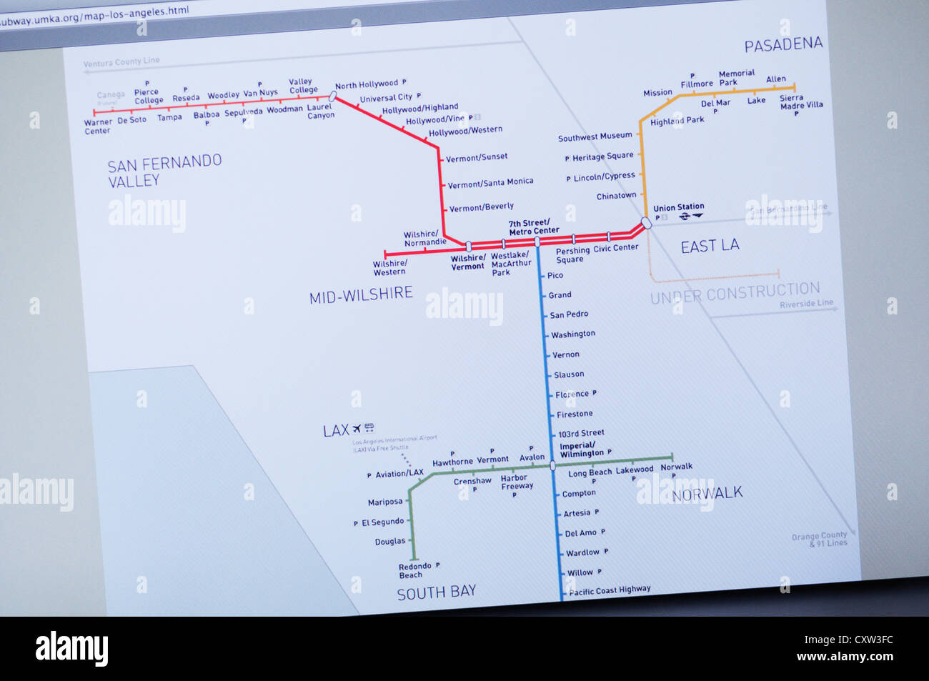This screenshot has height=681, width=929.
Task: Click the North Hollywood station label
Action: [366, 84]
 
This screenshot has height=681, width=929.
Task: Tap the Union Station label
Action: [678, 207]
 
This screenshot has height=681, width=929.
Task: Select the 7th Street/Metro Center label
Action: [534, 227]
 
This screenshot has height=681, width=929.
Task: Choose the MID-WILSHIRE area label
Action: [361, 294]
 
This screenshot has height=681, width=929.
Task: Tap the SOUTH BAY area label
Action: [436, 593]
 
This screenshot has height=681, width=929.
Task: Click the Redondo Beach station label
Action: [414, 570]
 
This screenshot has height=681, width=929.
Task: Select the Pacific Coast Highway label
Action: [610, 590]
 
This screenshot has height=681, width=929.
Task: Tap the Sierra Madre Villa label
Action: [801, 101]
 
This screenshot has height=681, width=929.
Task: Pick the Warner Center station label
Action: [98, 126]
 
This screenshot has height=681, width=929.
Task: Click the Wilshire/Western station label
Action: [389, 268]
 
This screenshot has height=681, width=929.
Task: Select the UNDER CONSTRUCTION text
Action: [735, 292]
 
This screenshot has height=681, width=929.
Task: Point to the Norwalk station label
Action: [676, 467]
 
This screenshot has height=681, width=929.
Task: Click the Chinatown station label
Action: [616, 196]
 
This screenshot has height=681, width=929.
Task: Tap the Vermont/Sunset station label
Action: [477, 157]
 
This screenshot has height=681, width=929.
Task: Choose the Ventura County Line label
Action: [121, 62]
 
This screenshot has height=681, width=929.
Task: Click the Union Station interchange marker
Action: [647, 222]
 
